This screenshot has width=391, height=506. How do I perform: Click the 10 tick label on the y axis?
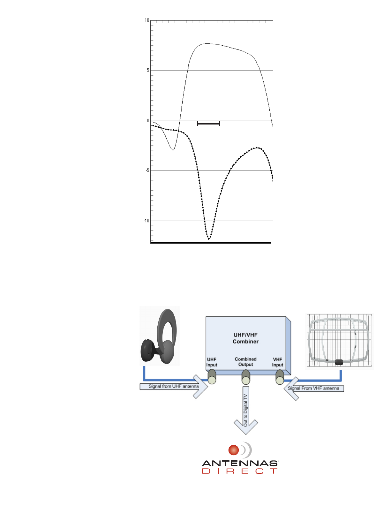[x=147, y=20]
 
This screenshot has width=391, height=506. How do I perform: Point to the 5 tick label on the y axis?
[x=148, y=70]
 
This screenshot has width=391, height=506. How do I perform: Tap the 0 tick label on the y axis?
[x=148, y=121]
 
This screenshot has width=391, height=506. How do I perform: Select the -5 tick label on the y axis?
[x=147, y=170]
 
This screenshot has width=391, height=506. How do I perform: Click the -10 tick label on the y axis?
[x=147, y=221]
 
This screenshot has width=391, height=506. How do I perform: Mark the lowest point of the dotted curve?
[x=209, y=239]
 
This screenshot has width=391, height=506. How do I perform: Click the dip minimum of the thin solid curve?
[x=173, y=150]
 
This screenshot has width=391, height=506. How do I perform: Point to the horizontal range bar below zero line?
[x=208, y=124]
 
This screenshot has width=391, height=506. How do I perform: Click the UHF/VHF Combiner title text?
[x=245, y=338]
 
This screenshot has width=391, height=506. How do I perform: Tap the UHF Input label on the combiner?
[x=212, y=362]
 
